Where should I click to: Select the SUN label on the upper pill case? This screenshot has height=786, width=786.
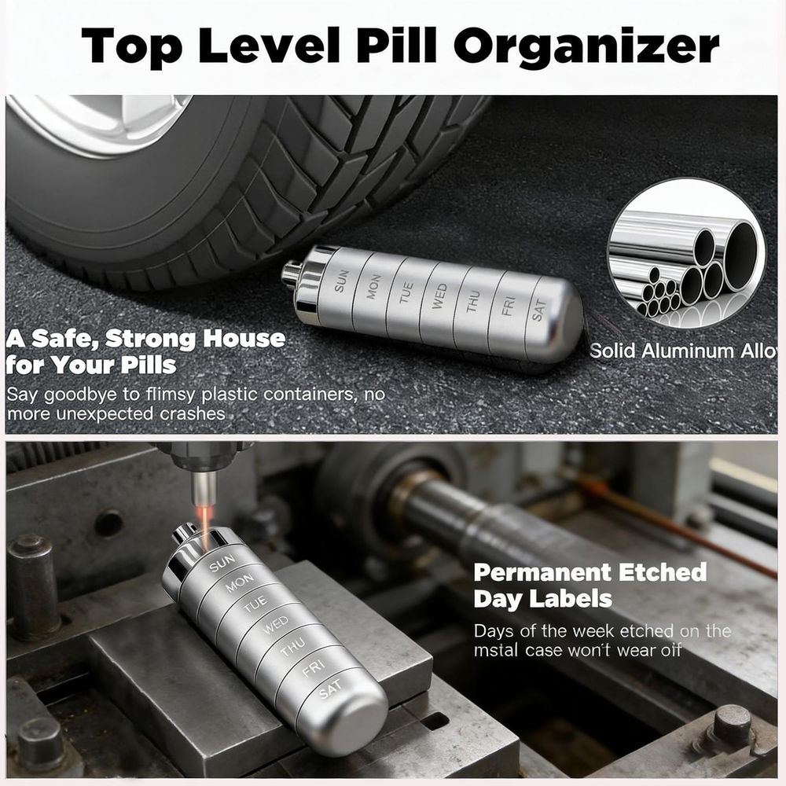[340, 282]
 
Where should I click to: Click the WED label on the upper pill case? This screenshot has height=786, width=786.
[439, 297]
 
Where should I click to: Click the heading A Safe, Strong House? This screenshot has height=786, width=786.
[145, 340]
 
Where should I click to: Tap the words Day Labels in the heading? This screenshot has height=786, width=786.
[542, 599]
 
